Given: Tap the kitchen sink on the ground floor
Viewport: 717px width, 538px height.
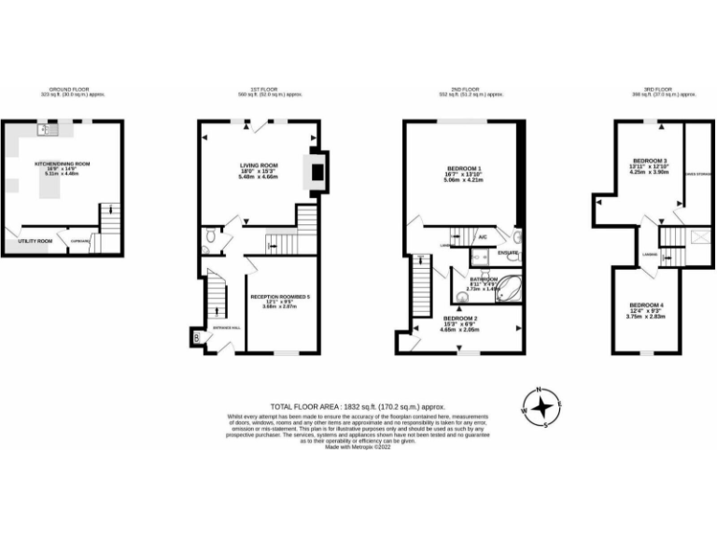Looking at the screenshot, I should click(x=43, y=131).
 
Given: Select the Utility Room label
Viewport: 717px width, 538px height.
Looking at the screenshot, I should click(x=34, y=240).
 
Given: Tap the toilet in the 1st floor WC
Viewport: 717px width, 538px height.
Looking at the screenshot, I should click(x=210, y=239).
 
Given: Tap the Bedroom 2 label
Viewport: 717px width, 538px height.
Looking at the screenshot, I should click(x=461, y=319).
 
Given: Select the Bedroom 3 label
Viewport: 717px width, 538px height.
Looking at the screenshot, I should click(x=649, y=161).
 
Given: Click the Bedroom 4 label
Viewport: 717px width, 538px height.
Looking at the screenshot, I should click(x=646, y=306).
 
